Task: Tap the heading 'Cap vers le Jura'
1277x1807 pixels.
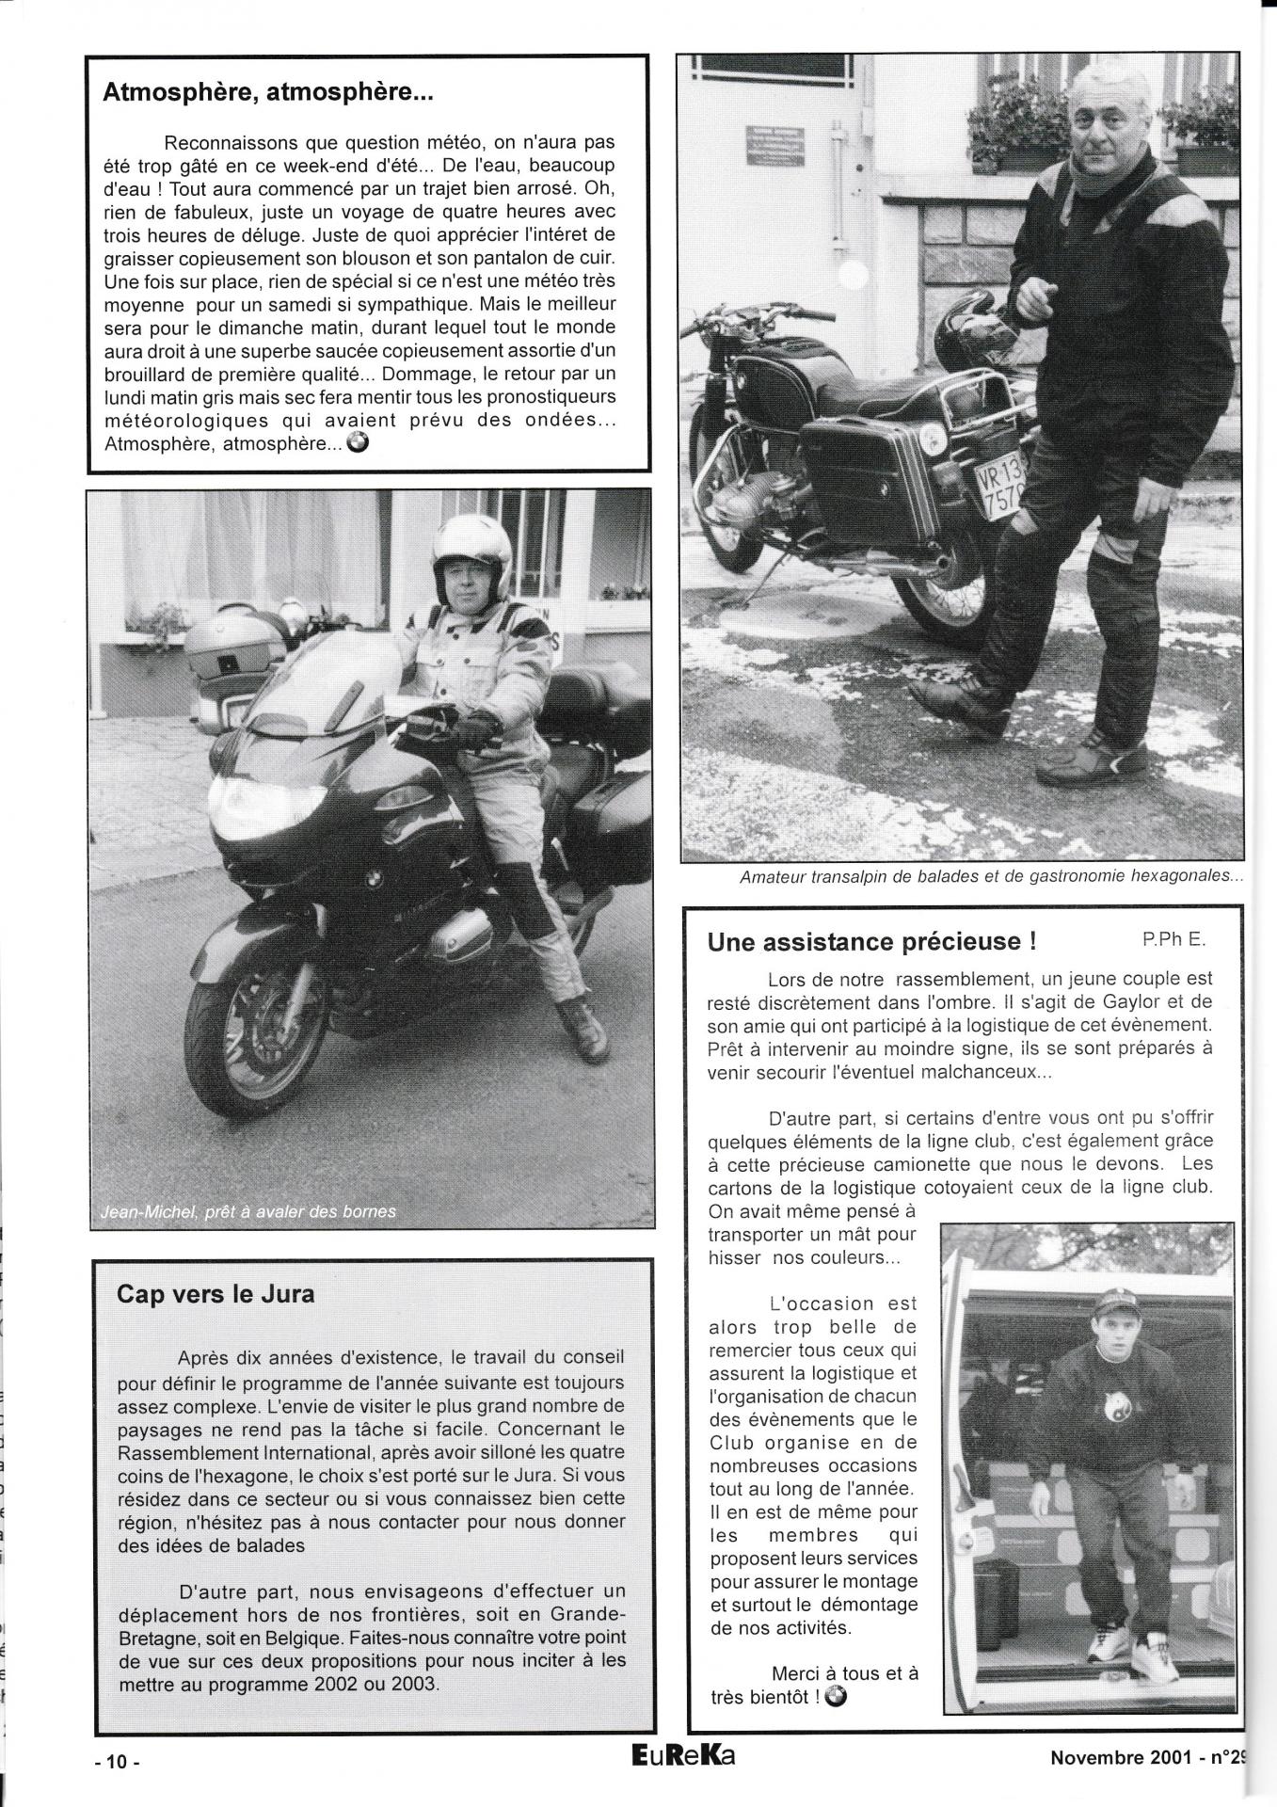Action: click(x=215, y=1294)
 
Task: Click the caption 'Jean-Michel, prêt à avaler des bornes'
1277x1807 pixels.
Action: click(x=247, y=1211)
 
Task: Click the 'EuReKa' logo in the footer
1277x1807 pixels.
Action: click(x=672, y=1755)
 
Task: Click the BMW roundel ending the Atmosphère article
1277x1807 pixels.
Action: click(x=359, y=443)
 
